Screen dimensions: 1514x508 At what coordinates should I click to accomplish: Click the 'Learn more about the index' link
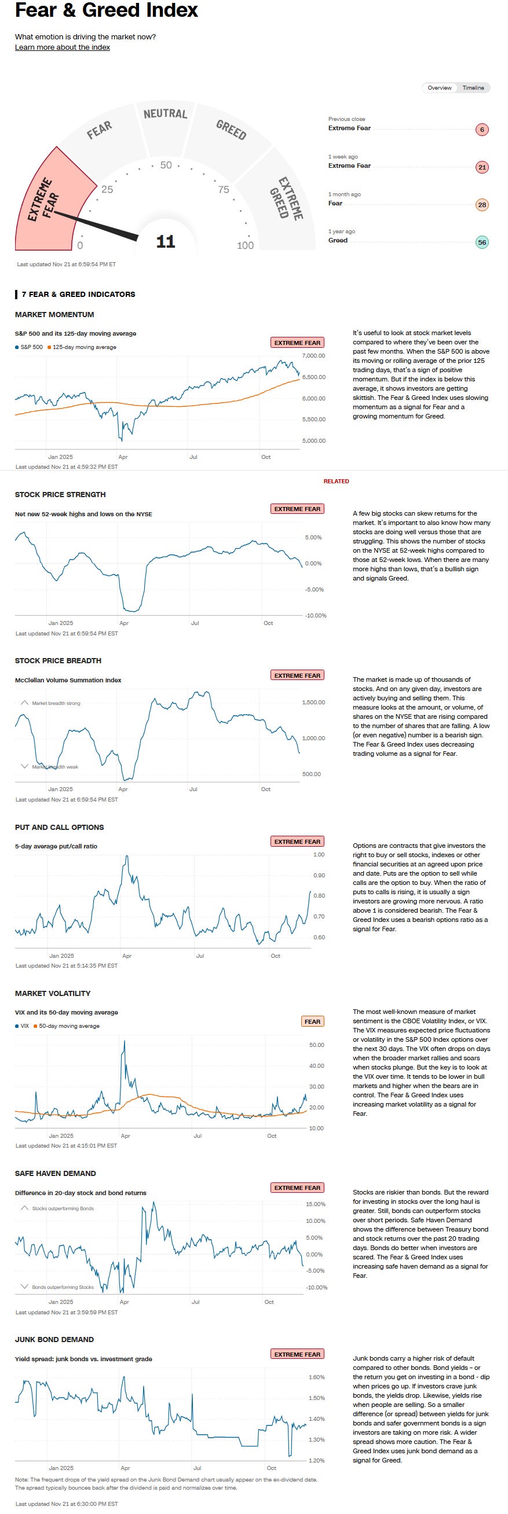pos(63,47)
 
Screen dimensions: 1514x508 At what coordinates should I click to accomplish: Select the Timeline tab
pos(473,88)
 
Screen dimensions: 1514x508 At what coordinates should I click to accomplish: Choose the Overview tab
pos(439,88)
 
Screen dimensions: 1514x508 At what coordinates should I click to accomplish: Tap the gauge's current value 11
pos(166,241)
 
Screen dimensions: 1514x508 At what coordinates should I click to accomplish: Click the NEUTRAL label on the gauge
pos(165,113)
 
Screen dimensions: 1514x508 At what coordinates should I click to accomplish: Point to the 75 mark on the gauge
pos(224,189)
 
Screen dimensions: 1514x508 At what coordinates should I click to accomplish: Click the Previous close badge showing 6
pos(481,129)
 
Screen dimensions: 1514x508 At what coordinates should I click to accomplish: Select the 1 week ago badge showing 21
pos(481,167)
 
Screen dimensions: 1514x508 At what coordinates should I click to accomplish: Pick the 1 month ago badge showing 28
pos(481,204)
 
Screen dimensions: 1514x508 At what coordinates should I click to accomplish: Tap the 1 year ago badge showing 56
pos(481,242)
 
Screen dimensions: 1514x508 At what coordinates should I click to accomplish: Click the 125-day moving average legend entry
pos(84,347)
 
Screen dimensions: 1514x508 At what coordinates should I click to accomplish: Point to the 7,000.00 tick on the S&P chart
pos(313,355)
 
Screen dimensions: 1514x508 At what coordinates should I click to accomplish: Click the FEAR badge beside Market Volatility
pos(312,1021)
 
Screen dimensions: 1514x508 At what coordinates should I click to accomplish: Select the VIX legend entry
pos(24,1026)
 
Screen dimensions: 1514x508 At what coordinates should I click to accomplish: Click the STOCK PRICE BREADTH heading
pos(58,660)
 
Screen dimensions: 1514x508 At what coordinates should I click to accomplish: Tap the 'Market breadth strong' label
pos(56,703)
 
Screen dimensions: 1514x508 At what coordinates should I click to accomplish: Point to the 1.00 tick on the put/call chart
pos(319,855)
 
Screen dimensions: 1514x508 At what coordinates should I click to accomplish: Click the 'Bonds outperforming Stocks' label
pos(63,1287)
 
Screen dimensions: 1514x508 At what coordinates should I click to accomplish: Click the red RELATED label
pos(336,482)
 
